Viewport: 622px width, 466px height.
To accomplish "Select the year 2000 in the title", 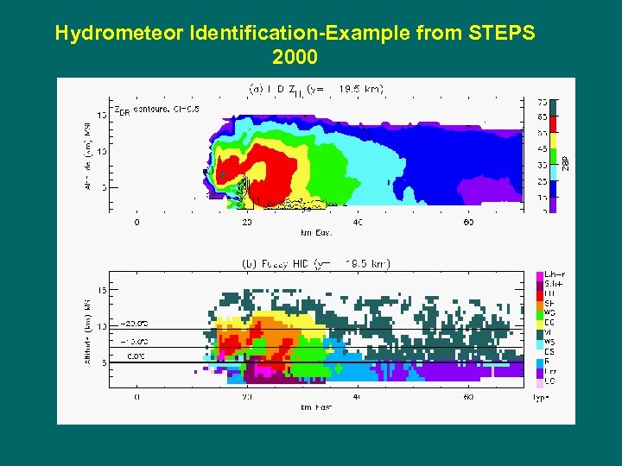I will click(x=295, y=58).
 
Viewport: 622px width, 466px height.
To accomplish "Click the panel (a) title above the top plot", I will click(x=316, y=88).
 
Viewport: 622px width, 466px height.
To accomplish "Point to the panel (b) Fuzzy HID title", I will click(x=314, y=263).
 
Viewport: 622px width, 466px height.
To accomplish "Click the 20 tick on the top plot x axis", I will click(x=247, y=222).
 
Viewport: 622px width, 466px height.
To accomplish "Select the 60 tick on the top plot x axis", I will click(x=467, y=222).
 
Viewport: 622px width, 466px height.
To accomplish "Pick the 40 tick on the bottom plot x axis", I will click(x=358, y=397).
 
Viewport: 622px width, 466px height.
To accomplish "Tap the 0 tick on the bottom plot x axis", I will click(x=136, y=397).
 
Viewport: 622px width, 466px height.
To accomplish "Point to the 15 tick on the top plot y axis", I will click(x=102, y=113).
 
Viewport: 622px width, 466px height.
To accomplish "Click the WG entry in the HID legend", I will click(x=549, y=313).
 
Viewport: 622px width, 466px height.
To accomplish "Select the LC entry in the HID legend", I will click(x=549, y=381).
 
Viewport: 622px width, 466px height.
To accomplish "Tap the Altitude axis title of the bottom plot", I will click(x=86, y=331).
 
